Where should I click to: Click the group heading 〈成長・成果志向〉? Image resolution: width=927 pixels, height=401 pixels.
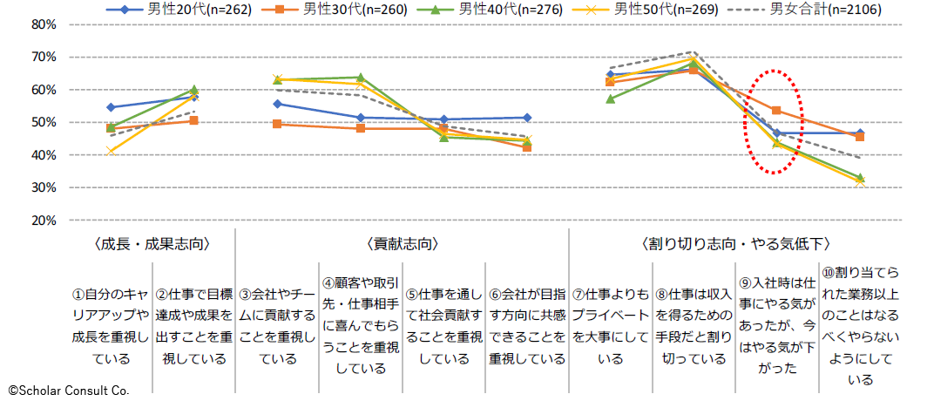click(152, 243)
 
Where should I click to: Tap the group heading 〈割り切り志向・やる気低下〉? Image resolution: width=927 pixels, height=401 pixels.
click(735, 243)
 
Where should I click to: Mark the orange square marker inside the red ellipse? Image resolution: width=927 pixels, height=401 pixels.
click(775, 111)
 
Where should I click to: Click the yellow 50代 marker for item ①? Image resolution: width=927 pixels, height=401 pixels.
click(111, 151)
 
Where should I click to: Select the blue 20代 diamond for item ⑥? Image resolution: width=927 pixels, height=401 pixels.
click(527, 118)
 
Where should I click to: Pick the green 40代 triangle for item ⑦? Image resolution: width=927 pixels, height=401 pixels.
click(611, 99)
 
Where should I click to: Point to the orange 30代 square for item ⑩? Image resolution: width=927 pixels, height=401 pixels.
click(860, 137)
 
